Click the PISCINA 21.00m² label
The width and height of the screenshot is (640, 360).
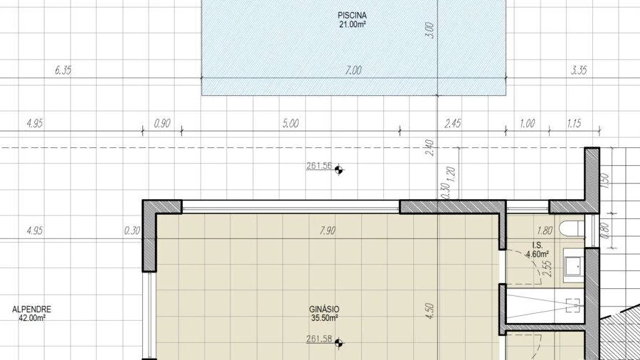point(352,20)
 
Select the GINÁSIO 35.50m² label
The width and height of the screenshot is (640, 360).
point(324,314)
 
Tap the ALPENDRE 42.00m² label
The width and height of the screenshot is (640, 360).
point(32,314)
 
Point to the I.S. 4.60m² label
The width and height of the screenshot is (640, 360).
point(538,250)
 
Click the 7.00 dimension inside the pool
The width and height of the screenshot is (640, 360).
point(353,70)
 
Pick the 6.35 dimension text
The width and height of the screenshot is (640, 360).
point(63,70)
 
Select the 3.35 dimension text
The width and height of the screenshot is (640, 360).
point(579,70)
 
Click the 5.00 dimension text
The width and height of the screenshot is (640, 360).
point(291,123)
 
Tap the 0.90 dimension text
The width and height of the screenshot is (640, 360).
point(162,123)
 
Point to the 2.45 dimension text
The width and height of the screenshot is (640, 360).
point(453,123)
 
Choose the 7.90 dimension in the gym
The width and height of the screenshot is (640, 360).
point(327,231)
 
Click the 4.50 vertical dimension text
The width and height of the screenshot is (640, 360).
point(430,311)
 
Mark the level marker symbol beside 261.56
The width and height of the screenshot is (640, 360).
point(338,169)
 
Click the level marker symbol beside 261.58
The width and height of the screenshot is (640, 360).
point(338,343)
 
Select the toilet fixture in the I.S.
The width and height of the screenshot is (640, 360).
point(572,228)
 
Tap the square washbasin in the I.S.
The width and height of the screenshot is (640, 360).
point(573,267)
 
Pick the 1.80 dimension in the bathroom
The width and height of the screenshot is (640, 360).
point(545,231)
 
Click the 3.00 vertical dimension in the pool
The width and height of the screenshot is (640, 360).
point(430,31)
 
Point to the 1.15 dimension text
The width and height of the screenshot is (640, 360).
point(574,123)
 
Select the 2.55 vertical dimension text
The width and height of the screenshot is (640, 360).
point(549,269)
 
